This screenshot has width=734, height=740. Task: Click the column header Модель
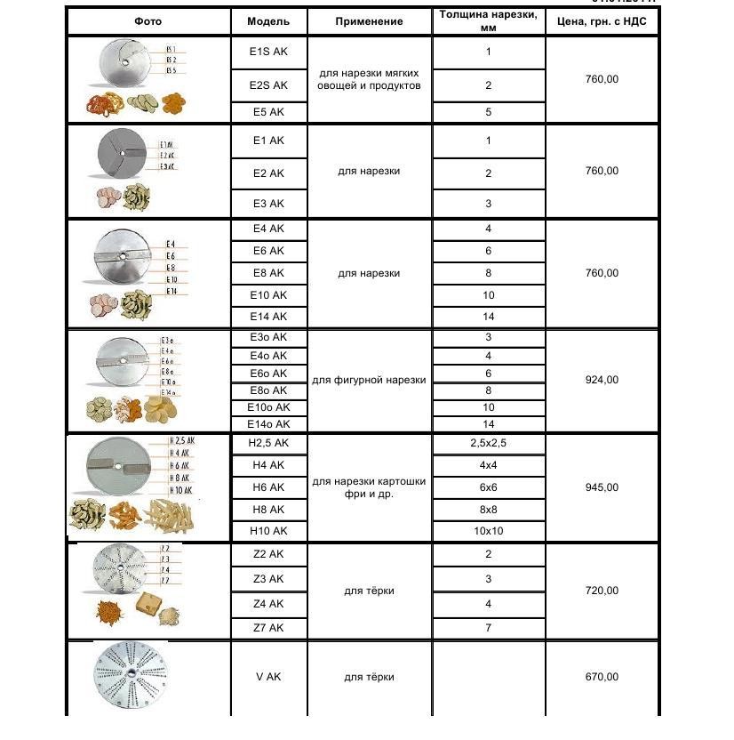(268, 20)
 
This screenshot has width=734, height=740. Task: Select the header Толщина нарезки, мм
(488, 20)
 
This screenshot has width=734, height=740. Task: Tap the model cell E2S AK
(268, 85)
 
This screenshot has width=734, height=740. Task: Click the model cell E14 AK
(268, 317)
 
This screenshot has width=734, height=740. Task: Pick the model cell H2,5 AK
(268, 443)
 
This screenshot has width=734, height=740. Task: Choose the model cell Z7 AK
(268, 628)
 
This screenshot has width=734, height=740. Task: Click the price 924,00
(602, 380)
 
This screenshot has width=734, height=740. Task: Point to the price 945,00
(602, 487)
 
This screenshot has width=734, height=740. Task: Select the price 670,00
(602, 677)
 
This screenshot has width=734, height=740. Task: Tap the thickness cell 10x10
(488, 531)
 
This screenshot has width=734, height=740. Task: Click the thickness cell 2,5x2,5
(488, 443)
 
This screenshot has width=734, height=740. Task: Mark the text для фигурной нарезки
(369, 380)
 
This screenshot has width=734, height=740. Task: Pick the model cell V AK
(268, 677)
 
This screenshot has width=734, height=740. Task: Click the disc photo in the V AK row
(130, 678)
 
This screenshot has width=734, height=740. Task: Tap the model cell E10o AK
(268, 407)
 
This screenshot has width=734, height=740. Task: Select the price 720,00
(602, 591)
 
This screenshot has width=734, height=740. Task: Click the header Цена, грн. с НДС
(602, 20)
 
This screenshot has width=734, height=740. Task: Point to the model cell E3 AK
(268, 204)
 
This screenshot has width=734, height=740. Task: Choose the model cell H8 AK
(268, 510)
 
